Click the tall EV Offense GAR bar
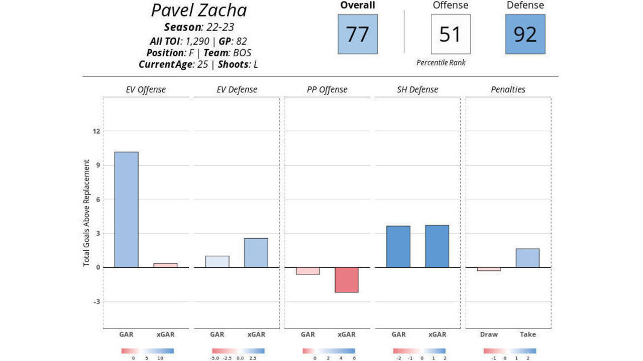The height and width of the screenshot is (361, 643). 126,210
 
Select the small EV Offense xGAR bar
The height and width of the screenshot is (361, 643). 165,265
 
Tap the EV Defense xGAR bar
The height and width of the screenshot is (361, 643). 256,253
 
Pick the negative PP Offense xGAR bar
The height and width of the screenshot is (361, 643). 346,280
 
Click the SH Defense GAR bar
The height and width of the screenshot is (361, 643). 398,247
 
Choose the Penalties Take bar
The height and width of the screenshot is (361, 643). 527,258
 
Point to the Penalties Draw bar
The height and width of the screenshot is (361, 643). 489,269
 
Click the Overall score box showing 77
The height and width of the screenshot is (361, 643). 357,34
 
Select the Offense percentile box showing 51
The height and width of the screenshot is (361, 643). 451,34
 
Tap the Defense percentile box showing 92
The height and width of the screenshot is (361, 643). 525,34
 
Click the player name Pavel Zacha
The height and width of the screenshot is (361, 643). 199,11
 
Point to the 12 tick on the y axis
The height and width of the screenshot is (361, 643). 96,131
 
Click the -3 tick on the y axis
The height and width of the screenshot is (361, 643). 96,302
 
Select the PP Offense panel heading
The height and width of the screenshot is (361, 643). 327,90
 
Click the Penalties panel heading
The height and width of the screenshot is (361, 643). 508,90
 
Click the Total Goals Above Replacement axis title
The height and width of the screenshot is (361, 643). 87,213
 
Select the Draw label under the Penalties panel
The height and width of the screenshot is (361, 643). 488,334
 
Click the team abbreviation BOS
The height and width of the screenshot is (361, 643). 242,53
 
